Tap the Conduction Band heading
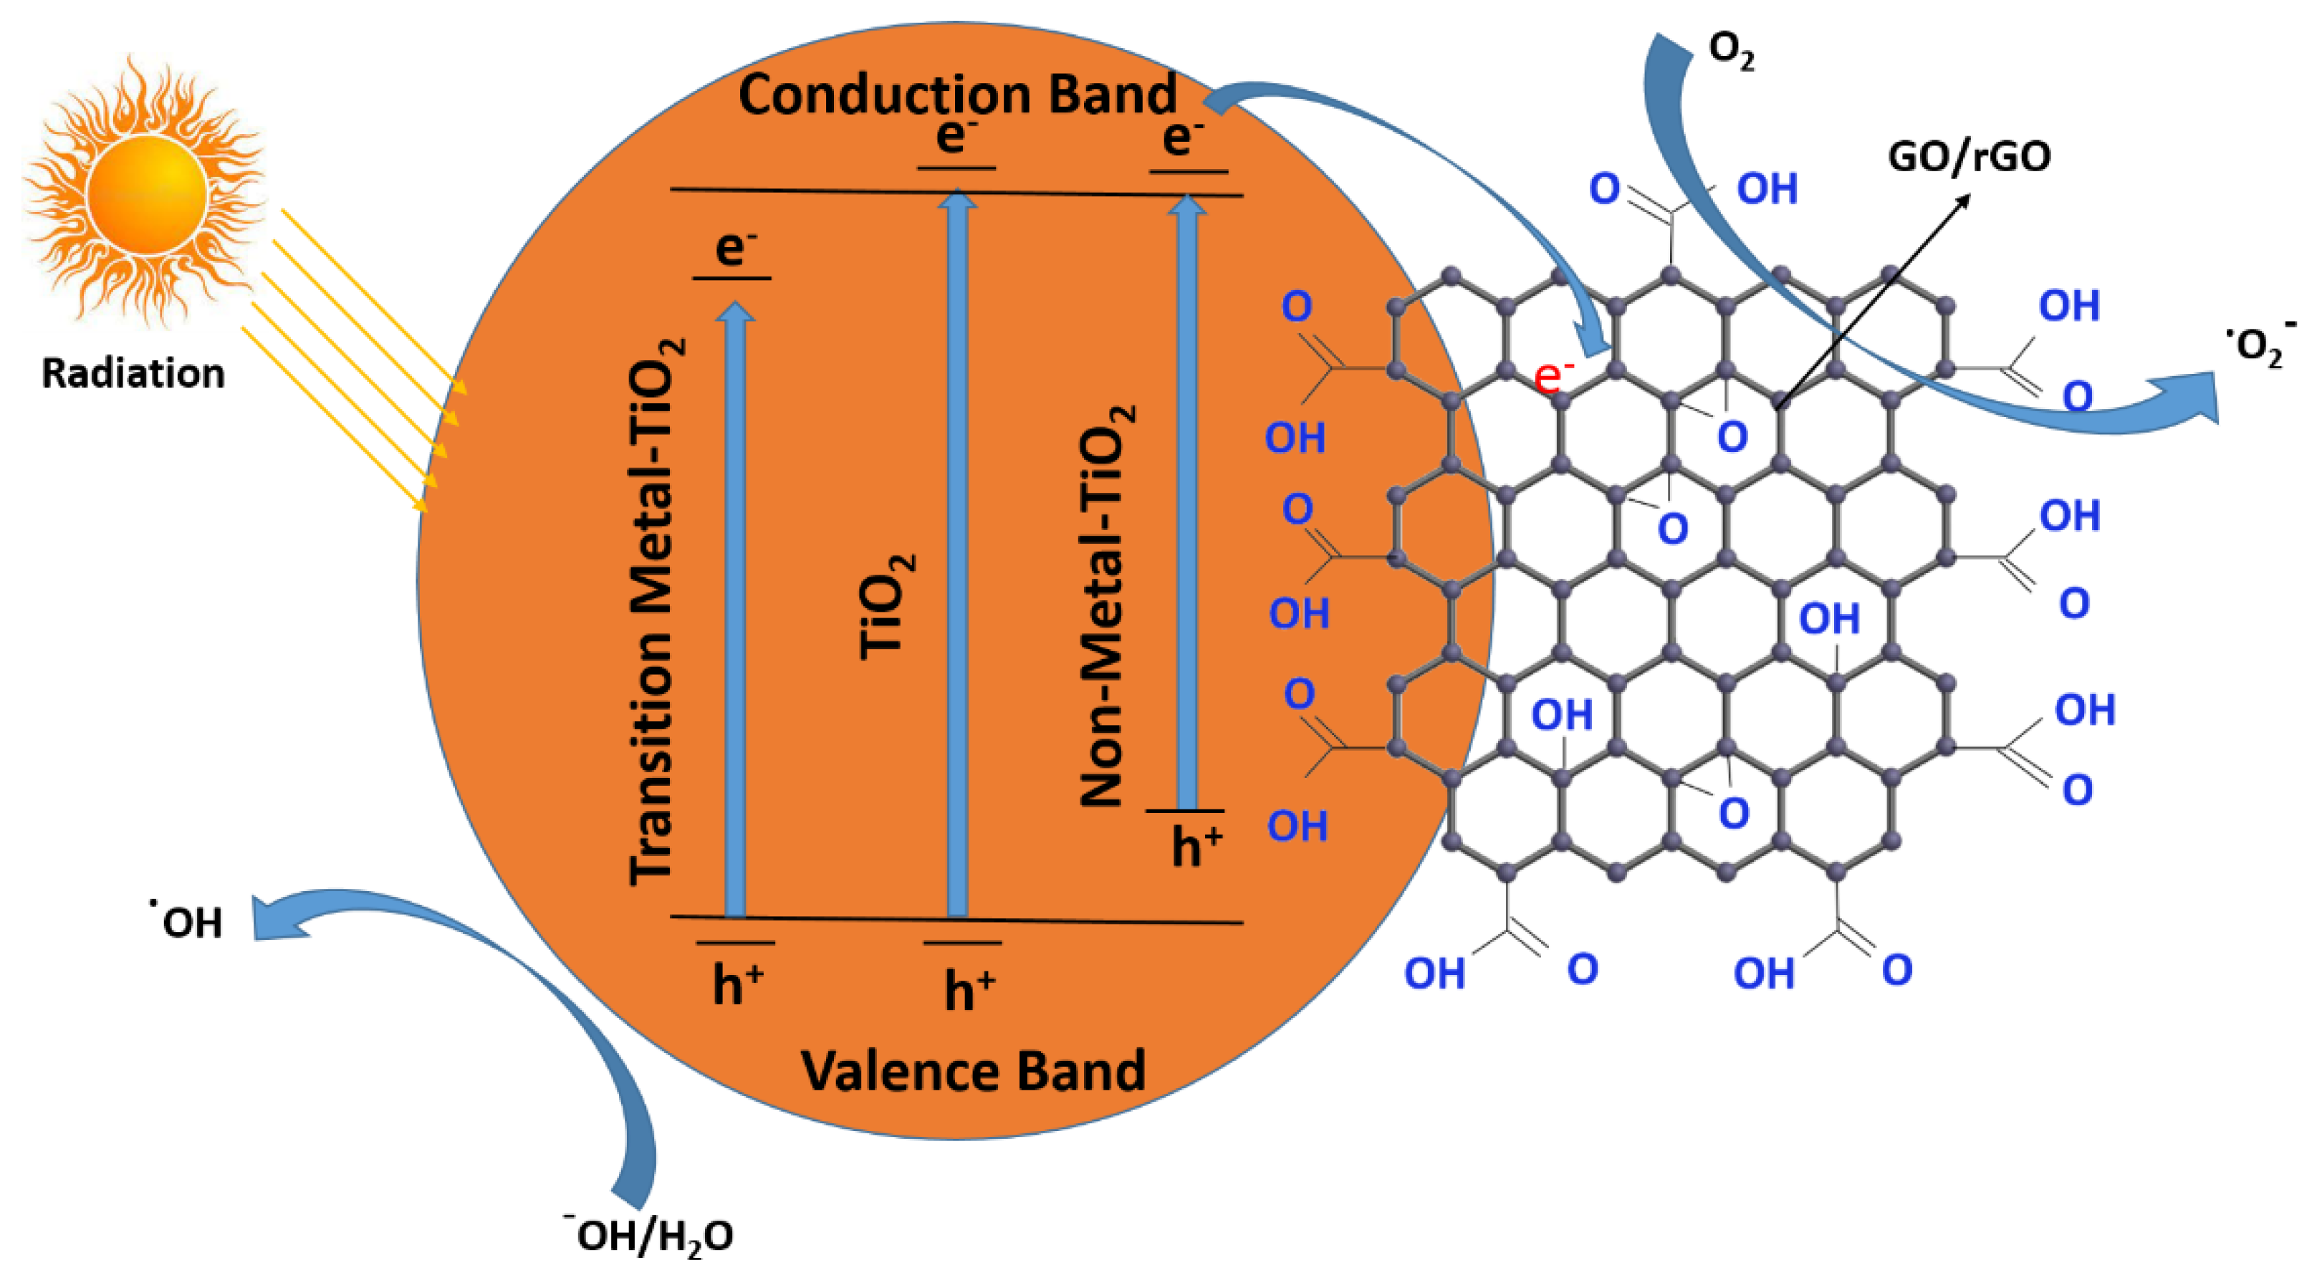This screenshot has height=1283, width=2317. (956, 95)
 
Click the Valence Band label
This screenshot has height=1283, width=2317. (973, 1071)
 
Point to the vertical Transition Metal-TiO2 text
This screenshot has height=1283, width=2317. (655, 611)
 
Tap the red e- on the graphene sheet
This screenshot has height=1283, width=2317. (1553, 376)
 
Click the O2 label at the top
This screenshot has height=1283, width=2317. (1730, 52)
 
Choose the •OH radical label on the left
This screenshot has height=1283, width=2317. (186, 921)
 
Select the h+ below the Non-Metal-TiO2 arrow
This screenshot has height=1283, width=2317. (1196, 845)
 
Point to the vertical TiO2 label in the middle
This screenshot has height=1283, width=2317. (886, 607)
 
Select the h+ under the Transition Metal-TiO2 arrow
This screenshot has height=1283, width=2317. (737, 984)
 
